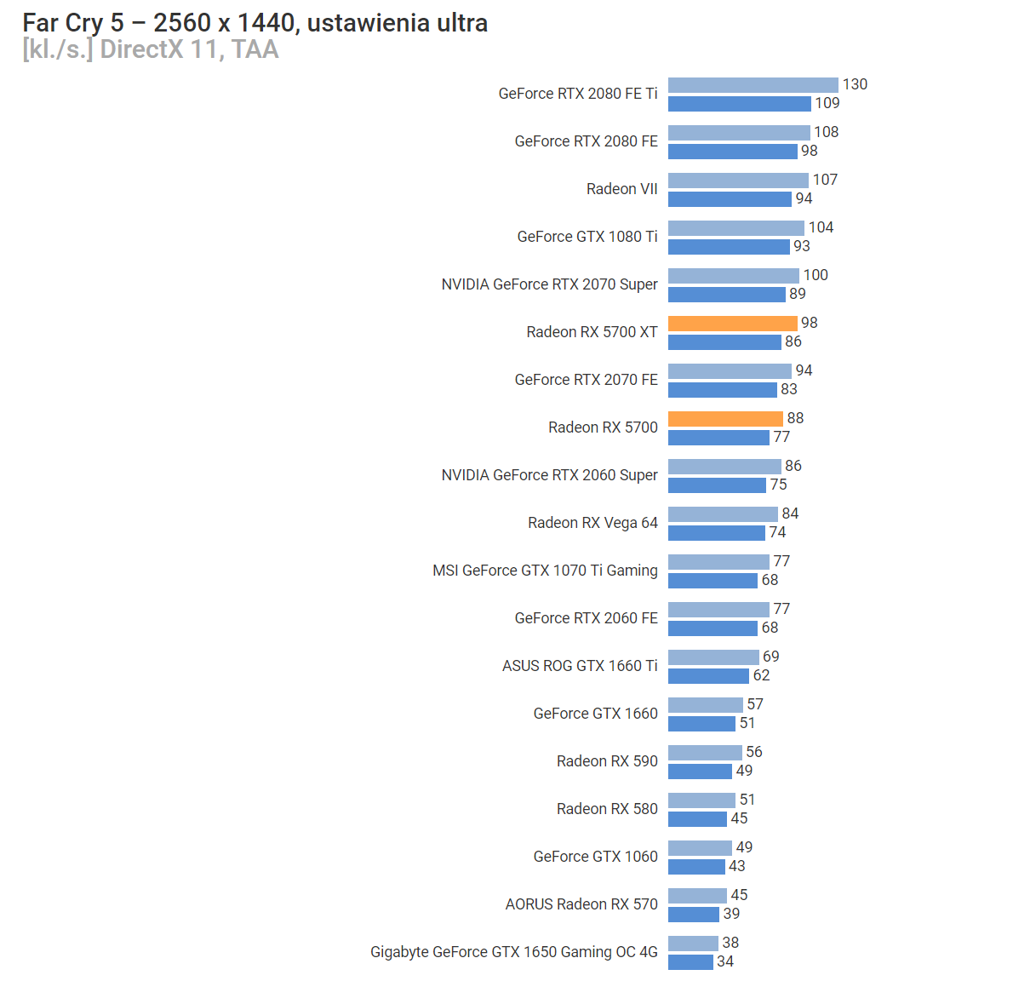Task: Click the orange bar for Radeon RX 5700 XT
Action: tap(732, 324)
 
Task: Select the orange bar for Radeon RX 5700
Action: tap(725, 419)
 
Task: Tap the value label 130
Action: tap(855, 84)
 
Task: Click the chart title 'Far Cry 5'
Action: tap(72, 23)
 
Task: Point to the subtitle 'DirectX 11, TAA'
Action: tap(189, 49)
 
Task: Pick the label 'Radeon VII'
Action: tap(621, 189)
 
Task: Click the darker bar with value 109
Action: tap(739, 104)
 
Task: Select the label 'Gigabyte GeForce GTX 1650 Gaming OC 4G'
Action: tap(513, 952)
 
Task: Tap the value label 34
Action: tap(725, 961)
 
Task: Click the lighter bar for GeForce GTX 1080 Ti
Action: tap(735, 228)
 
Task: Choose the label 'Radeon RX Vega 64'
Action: tap(592, 523)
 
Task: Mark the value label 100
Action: tap(816, 275)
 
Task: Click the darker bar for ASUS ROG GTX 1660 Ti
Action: tap(708, 676)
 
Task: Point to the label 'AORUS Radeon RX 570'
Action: tap(581, 904)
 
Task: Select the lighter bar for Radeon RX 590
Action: tap(705, 753)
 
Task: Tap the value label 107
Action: tap(825, 180)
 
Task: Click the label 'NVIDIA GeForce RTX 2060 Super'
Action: tap(549, 475)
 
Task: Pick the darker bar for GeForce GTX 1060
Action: tap(696, 867)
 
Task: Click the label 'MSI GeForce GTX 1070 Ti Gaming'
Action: tap(545, 571)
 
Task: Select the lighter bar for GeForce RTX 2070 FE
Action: tap(730, 371)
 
